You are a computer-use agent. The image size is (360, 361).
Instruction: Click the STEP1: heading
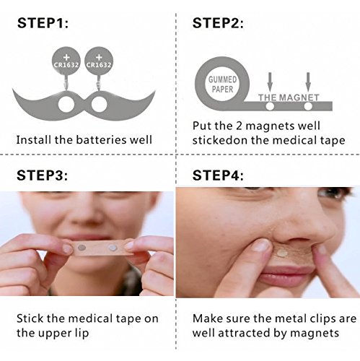tap(43, 23)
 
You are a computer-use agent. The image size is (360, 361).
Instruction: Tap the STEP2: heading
tap(218, 23)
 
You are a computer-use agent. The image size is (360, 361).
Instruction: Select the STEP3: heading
tap(43, 175)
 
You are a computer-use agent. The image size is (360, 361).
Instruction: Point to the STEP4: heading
tap(218, 175)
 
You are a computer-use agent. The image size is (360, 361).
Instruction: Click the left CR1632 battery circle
tap(66, 61)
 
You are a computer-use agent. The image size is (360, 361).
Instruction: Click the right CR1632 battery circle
tap(99, 61)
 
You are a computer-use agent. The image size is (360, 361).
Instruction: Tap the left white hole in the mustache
tap(66, 105)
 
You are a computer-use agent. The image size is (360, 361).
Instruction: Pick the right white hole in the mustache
tap(99, 105)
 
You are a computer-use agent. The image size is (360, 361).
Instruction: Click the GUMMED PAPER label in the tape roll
tap(222, 84)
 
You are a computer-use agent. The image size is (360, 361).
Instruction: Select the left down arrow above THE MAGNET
tap(270, 82)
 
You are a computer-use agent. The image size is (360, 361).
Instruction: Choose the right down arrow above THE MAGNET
tap(308, 82)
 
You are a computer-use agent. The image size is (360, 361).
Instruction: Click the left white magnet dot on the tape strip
tap(270, 106)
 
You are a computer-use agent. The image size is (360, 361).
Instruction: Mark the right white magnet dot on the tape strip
tap(308, 106)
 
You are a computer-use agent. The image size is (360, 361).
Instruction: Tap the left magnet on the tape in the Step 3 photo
tap(82, 247)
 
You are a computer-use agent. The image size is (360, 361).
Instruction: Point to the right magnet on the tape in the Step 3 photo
tap(112, 247)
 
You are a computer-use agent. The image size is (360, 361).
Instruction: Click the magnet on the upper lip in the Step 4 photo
tap(282, 253)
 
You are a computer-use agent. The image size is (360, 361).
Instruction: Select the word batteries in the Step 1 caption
tap(102, 140)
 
